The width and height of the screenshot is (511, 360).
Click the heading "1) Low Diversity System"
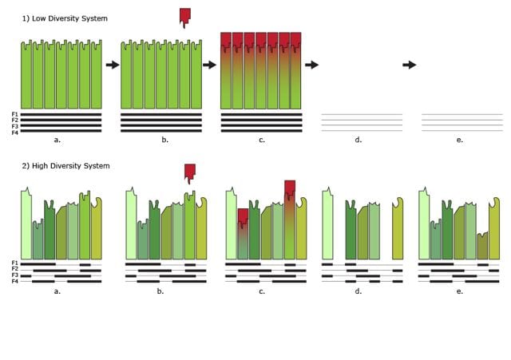click(x=65, y=18)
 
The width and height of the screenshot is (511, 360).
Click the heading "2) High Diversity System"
click(x=65, y=166)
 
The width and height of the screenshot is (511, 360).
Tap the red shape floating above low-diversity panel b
click(x=185, y=18)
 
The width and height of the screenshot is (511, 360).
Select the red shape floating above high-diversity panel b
click(x=190, y=174)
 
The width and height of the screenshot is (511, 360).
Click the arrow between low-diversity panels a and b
click(x=113, y=65)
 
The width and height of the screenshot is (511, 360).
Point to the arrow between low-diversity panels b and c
click(x=209, y=65)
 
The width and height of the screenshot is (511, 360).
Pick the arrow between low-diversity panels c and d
click(x=312, y=65)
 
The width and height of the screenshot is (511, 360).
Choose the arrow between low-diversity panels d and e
click(x=410, y=65)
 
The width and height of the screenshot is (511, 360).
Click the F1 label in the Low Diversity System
click(x=15, y=114)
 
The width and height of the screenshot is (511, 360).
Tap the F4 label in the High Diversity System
click(x=15, y=281)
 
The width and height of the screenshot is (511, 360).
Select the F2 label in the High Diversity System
click(x=15, y=269)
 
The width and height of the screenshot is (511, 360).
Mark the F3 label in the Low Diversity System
click(x=15, y=126)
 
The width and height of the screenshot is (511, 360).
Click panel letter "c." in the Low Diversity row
click(x=262, y=140)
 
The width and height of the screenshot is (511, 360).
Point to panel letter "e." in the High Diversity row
click(x=460, y=291)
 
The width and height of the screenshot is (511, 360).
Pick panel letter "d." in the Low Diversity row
click(x=358, y=140)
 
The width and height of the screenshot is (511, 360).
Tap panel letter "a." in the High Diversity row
click(x=57, y=291)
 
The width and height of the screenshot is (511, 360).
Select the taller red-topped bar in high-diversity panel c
click(x=290, y=220)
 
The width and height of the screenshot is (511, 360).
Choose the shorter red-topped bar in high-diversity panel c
click(x=243, y=234)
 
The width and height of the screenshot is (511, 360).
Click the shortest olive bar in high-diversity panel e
click(x=482, y=246)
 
